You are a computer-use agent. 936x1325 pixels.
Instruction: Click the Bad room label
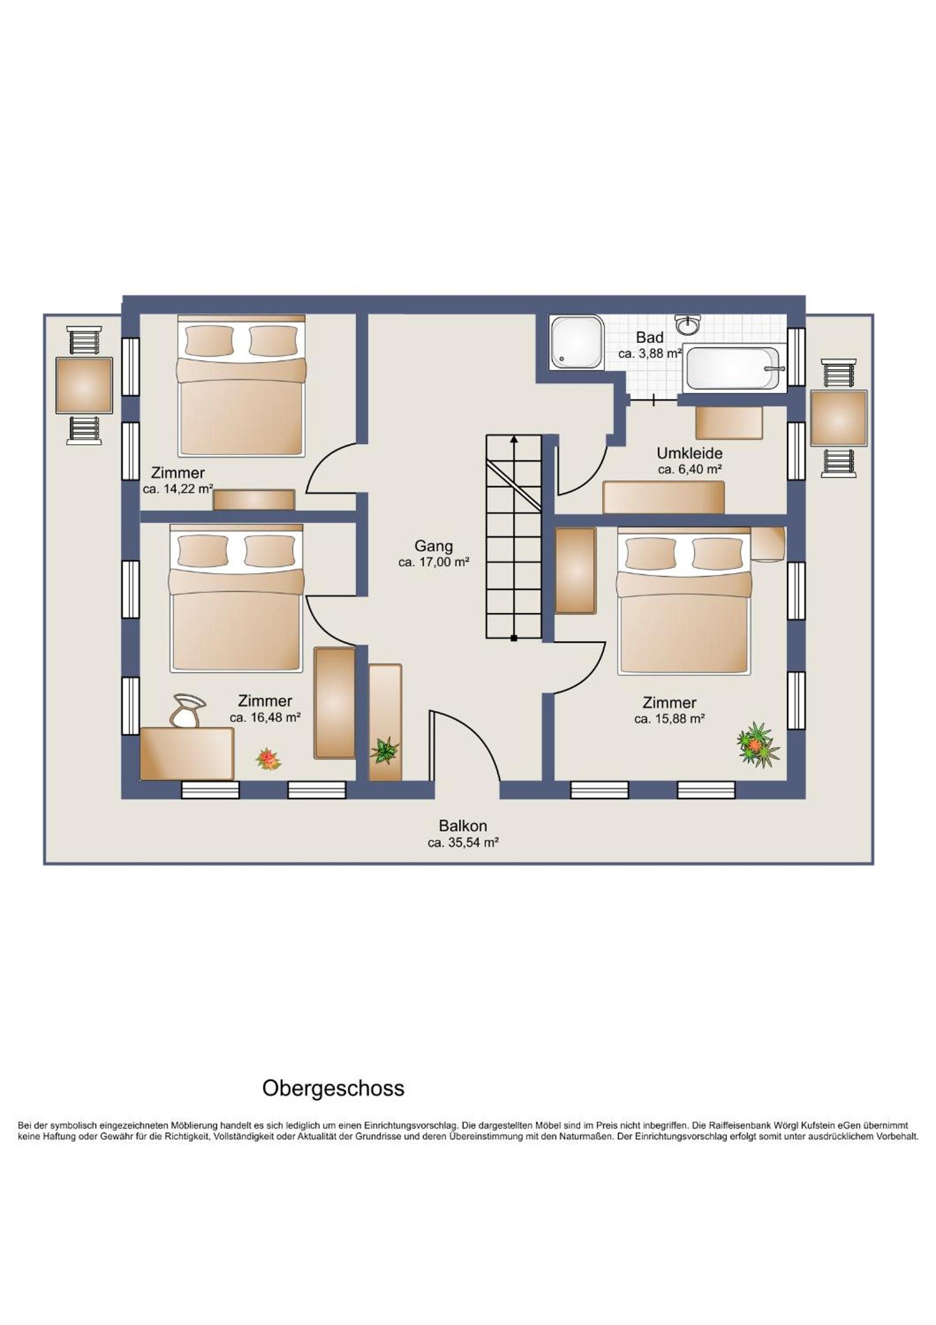649,337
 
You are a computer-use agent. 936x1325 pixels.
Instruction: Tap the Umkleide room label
689,453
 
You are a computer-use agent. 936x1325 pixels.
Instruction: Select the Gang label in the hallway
433,546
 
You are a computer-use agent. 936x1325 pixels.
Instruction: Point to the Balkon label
462,825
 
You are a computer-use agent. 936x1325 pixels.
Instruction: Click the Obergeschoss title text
333,1088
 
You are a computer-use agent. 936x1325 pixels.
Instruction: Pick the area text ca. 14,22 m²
178,489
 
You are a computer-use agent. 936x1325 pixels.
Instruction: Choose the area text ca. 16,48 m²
265,717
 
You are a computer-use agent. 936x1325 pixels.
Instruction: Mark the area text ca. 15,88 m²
669,719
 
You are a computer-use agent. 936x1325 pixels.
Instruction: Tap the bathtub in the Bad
733,368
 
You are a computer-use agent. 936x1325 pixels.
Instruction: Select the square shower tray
577,342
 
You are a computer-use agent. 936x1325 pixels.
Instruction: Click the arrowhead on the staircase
514,439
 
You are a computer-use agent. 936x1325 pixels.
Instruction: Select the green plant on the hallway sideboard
384,750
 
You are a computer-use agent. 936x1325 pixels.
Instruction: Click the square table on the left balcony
84,385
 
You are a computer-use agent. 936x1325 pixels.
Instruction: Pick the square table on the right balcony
839,418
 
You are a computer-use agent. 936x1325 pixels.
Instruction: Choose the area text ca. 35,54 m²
463,843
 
